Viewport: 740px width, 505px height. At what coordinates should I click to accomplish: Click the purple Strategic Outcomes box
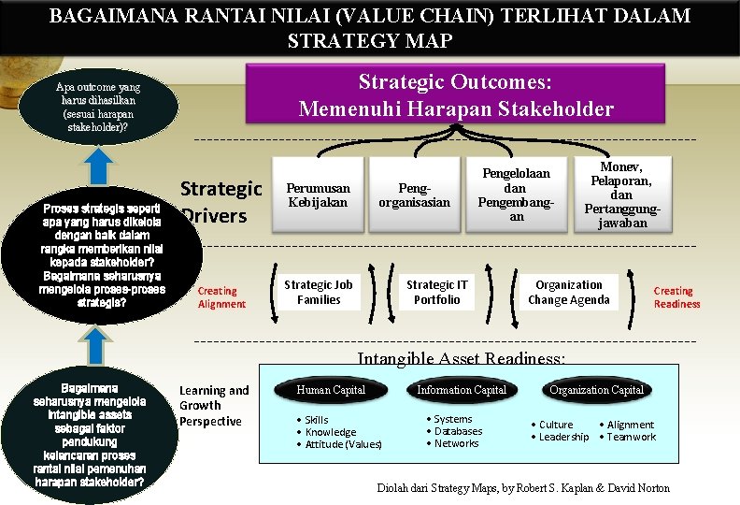pos(456,94)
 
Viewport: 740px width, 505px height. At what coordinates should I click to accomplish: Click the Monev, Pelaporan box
pos(621,194)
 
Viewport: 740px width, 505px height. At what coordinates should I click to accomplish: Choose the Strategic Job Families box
pos(319,292)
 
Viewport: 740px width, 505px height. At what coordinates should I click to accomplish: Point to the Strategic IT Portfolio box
pos(436,292)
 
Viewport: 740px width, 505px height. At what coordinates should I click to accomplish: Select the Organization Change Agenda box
pos(568,292)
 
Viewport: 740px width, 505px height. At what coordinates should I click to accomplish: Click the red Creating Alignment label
pos(221,297)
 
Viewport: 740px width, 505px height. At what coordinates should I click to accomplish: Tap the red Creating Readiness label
pos(676,297)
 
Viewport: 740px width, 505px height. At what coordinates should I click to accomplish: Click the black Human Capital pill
pos(331,390)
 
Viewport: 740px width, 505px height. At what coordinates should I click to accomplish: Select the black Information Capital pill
pos(462,390)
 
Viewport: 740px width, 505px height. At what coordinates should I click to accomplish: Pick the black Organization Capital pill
pos(596,390)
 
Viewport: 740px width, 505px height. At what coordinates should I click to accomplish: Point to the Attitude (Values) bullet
pos(343,444)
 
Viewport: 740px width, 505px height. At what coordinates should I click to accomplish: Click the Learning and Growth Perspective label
pos(214,406)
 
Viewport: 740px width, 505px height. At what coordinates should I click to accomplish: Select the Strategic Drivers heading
pos(221,202)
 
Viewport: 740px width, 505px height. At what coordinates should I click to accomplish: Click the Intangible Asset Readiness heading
pos(462,358)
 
